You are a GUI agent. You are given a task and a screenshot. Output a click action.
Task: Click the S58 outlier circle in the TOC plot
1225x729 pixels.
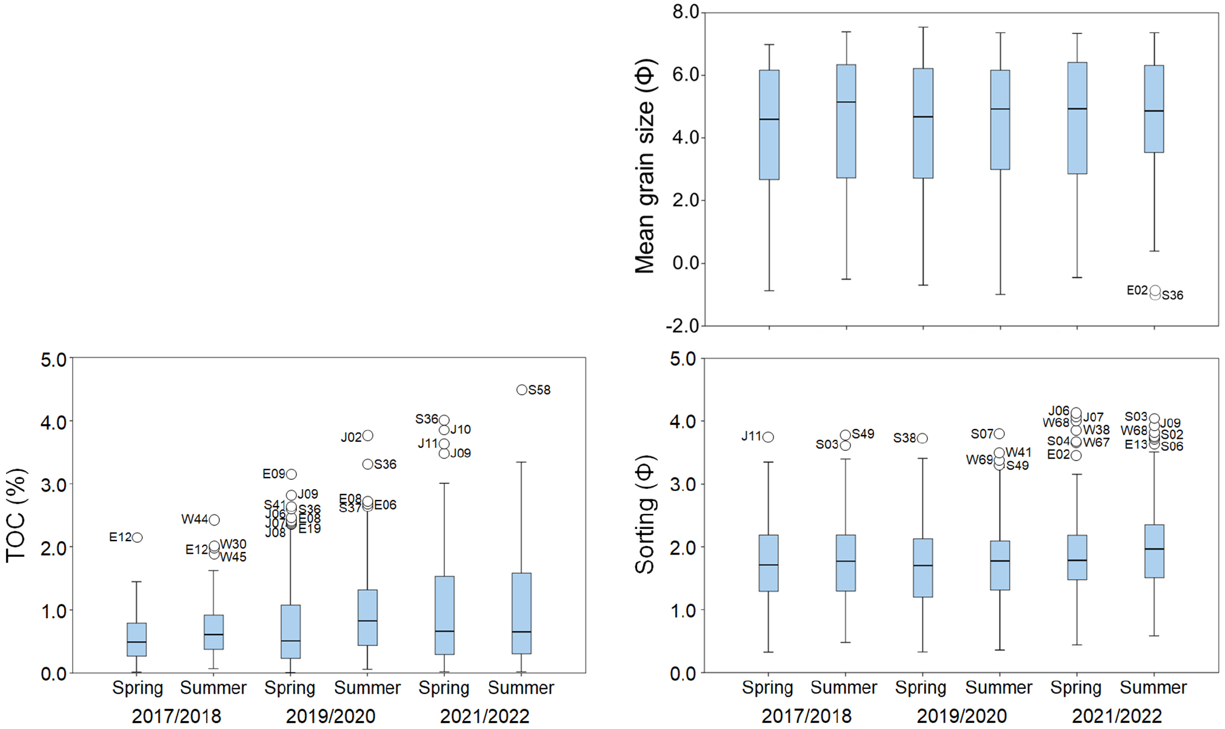click(x=522, y=390)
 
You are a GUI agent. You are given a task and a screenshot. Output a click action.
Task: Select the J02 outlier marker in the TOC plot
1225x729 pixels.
click(x=367, y=436)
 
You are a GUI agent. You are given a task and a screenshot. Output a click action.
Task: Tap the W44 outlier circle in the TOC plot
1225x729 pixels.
click(x=214, y=520)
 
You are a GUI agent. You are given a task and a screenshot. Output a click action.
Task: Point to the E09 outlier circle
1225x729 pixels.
click(x=291, y=474)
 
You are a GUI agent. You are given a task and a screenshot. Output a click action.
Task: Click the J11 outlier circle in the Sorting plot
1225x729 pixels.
click(x=768, y=437)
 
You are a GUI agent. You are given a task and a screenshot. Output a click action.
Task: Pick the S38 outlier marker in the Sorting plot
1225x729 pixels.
click(x=922, y=438)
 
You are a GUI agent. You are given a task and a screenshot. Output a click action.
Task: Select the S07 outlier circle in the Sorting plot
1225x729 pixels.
click(x=999, y=434)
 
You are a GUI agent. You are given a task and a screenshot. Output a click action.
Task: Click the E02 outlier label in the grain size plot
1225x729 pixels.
click(x=1137, y=291)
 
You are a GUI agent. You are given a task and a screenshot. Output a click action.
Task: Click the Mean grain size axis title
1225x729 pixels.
click(x=645, y=166)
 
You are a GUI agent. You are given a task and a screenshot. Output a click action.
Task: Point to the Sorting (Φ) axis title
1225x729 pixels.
click(x=645, y=514)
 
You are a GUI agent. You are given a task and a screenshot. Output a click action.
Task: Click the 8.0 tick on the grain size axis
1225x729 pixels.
click(x=686, y=12)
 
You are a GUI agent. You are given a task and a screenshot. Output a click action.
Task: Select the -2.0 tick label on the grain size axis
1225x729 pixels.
click(x=683, y=326)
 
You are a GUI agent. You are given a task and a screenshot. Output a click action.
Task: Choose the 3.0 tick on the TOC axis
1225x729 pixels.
click(x=54, y=485)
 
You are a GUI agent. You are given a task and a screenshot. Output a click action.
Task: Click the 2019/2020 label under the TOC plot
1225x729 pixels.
click(x=330, y=716)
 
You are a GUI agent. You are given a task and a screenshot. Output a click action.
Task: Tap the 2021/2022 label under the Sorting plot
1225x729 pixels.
click(x=1117, y=716)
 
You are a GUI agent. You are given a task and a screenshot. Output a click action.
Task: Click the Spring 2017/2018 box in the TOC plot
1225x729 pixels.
click(x=137, y=639)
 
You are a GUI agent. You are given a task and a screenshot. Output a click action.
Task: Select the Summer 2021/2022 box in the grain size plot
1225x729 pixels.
click(x=1154, y=109)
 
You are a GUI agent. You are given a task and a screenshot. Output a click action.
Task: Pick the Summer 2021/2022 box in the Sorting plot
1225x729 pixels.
click(x=1154, y=551)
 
